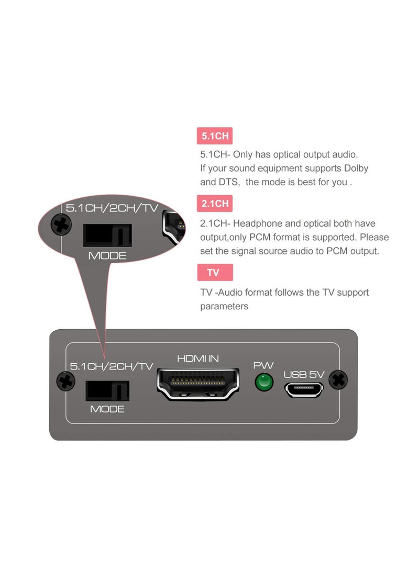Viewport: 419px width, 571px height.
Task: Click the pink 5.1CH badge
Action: pyautogui.click(x=215, y=136)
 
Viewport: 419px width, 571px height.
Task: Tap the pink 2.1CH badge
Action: pyautogui.click(x=215, y=204)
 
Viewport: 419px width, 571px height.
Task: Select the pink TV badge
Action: pyautogui.click(x=214, y=273)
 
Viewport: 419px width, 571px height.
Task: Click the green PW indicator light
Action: pyautogui.click(x=264, y=382)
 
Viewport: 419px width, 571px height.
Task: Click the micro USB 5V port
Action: pyautogui.click(x=305, y=389)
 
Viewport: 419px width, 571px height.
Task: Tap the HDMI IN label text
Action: pyautogui.click(x=198, y=359)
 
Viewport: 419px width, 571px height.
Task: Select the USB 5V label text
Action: pyautogui.click(x=304, y=374)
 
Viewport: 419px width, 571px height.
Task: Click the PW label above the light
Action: pyautogui.click(x=263, y=365)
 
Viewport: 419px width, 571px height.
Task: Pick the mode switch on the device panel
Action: pyautogui.click(x=107, y=390)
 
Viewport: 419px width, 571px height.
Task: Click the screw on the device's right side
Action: pyautogui.click(x=339, y=379)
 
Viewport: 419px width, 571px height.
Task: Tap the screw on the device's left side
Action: pyautogui.click(x=65, y=381)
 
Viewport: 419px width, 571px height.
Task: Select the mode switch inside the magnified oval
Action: pyautogui.click(x=107, y=235)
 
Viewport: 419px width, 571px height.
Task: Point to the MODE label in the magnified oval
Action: pyautogui.click(x=107, y=256)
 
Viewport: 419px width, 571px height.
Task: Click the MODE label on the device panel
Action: pyautogui.click(x=107, y=409)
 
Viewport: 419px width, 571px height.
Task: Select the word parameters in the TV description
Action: pyautogui.click(x=224, y=306)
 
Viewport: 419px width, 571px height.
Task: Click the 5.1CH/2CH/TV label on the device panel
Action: pyautogui.click(x=112, y=366)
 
